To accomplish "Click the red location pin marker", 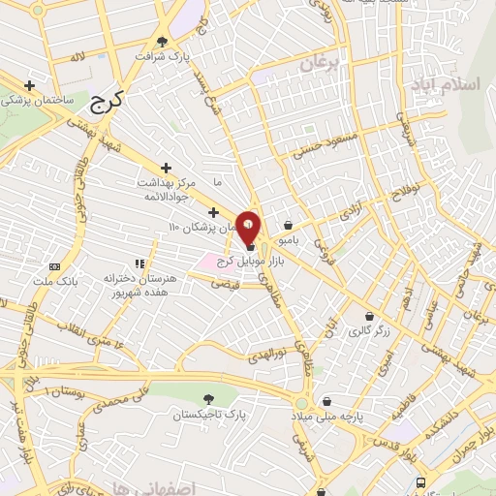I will tap(249, 224).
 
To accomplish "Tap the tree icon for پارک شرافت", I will tap(162, 42).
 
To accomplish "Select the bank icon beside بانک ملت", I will tap(54, 266).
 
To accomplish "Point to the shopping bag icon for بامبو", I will tap(288, 225).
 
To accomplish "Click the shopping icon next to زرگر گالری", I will tap(369, 316).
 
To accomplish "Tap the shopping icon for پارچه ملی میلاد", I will tap(327, 400).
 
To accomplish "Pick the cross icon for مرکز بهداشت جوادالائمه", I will tap(166, 168).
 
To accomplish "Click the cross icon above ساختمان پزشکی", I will tap(30, 86).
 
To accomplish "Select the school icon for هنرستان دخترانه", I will tap(139, 263).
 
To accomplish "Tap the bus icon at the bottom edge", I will tap(419, 481).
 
